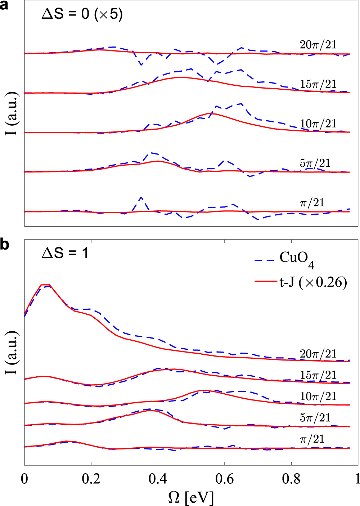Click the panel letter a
4,6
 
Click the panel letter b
5,245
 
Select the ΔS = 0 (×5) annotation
82,14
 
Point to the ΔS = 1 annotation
65,253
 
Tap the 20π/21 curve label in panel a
318,45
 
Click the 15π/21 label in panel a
318,84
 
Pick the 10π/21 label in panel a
318,124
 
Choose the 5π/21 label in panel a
315,163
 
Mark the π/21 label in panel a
312,203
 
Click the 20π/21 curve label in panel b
318,354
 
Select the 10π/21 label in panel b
318,397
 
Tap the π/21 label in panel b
312,439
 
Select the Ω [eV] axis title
191,498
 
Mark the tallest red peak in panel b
45,285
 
